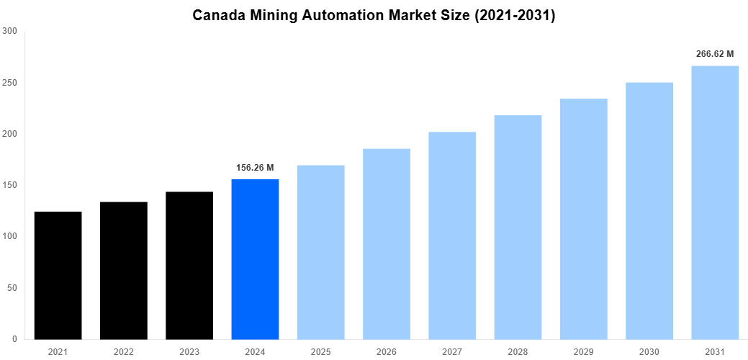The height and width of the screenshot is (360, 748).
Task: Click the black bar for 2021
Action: tap(58, 275)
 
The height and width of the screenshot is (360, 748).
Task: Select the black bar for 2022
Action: tap(123, 270)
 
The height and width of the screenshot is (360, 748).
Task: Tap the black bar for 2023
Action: tap(189, 265)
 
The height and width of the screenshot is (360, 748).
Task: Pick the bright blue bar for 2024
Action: tap(255, 258)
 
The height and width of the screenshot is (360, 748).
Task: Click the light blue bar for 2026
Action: tap(387, 243)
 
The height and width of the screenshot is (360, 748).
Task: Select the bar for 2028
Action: tap(518, 227)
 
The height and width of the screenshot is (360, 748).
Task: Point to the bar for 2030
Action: tap(649, 210)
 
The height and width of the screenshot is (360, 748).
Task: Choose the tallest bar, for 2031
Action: tap(715, 202)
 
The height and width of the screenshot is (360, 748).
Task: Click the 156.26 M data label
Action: tap(255, 168)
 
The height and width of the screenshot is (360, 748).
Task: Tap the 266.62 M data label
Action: tap(715, 54)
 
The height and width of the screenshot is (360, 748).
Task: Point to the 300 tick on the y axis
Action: tap(10, 31)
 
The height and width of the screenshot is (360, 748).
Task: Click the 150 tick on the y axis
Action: tap(10, 185)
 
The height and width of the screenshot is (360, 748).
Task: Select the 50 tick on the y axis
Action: tap(12, 288)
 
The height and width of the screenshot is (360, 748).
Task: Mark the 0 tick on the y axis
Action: tap(15, 339)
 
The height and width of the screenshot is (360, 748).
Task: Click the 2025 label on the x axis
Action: tap(320, 352)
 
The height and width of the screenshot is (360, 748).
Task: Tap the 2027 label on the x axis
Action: tap(452, 352)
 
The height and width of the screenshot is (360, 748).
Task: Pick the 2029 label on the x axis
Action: tap(583, 352)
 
